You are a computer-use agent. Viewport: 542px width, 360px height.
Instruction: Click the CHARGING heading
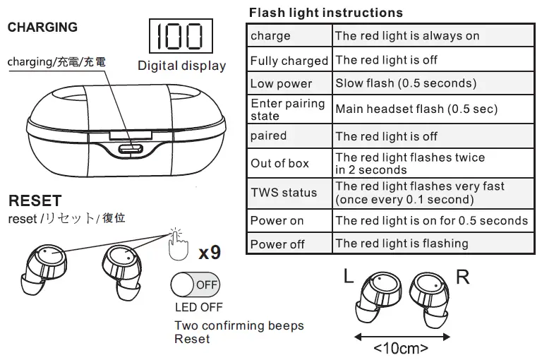pyautogui.click(x=42, y=28)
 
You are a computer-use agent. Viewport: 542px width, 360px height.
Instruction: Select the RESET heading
pyautogui.click(x=35, y=202)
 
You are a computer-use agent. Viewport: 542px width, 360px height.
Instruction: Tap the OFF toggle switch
pyautogui.click(x=195, y=285)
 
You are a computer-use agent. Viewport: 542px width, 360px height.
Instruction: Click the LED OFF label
pyautogui.click(x=198, y=308)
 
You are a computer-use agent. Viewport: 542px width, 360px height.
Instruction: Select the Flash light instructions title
pyautogui.click(x=325, y=13)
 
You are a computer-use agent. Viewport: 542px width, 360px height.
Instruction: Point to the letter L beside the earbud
pyautogui.click(x=349, y=277)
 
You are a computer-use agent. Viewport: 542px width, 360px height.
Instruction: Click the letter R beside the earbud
pyautogui.click(x=462, y=277)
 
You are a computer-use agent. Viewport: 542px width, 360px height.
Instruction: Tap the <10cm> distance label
pyautogui.click(x=401, y=347)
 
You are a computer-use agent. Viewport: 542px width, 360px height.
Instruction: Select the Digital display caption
pyautogui.click(x=181, y=66)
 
